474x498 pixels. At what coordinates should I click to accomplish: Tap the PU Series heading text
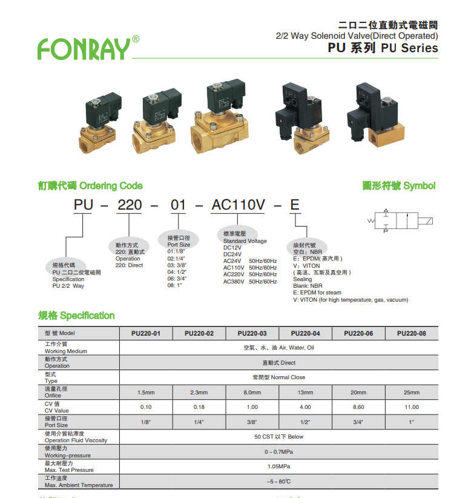[x=383, y=48]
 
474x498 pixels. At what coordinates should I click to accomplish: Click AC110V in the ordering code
[x=238, y=205]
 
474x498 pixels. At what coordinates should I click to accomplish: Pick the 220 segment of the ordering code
[x=130, y=205]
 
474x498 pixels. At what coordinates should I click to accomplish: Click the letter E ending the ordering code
[x=295, y=205]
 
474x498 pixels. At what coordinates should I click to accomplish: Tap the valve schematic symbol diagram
[x=401, y=221]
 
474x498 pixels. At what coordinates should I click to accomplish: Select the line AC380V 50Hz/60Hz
[x=250, y=281]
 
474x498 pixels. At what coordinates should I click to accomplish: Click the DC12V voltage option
[x=232, y=248]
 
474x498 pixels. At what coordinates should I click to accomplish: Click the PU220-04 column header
[x=305, y=333]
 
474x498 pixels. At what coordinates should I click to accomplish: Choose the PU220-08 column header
[x=412, y=333]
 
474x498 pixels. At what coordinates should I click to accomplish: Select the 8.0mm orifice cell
[x=252, y=393]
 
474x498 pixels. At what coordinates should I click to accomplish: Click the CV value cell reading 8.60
[x=358, y=407]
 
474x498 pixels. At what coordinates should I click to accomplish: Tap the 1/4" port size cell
[x=199, y=422]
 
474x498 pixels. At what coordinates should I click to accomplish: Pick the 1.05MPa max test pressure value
[x=278, y=466]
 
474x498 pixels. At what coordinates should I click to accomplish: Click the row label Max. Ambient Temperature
[x=79, y=485]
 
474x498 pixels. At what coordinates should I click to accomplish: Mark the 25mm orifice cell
[x=412, y=393]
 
